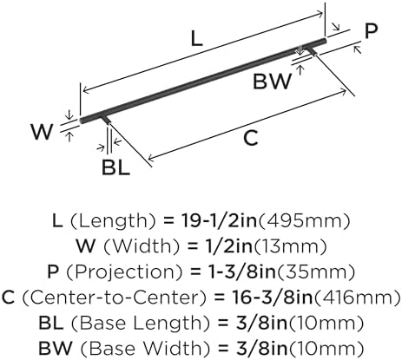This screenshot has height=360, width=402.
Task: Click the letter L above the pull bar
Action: click(x=196, y=39)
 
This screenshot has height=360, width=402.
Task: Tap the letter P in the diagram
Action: click(x=371, y=31)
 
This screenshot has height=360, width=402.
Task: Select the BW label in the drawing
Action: click(x=272, y=82)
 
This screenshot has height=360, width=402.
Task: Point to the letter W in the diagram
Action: click(x=43, y=132)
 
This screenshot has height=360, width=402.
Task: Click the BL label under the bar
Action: click(x=115, y=167)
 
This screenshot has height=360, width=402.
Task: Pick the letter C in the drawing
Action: click(x=251, y=138)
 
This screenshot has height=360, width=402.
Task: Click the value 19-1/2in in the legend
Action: click(x=219, y=220)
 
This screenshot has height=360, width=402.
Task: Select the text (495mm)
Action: click(x=304, y=221)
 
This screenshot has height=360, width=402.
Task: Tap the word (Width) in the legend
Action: click(x=142, y=246)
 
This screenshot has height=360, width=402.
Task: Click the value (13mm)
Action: click(x=290, y=246)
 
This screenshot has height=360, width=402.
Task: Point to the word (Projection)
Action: click(x=125, y=272)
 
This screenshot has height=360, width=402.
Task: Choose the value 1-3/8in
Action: click(x=242, y=272)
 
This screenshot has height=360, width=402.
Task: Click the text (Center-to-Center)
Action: click(x=115, y=298)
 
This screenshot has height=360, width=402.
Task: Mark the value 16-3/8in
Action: click(x=273, y=298)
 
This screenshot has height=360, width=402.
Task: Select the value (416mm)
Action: click(x=358, y=298)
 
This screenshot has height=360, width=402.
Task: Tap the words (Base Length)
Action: click(x=140, y=324)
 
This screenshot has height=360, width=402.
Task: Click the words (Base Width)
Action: click(x=145, y=349)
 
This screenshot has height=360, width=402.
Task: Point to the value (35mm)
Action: click(x=315, y=272)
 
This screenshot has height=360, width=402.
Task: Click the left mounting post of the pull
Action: click(x=106, y=119)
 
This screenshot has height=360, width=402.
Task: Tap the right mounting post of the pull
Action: click(x=312, y=50)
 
